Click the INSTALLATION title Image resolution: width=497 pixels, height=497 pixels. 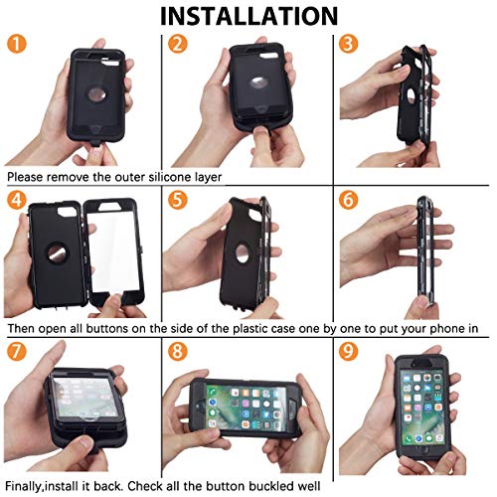click(x=248, y=16)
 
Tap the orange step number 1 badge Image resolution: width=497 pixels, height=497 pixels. click(x=16, y=44)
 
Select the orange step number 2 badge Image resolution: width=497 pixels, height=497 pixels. click(x=177, y=44)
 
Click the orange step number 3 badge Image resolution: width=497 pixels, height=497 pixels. click(x=348, y=44)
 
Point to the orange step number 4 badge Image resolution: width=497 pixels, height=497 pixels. click(x=16, y=200)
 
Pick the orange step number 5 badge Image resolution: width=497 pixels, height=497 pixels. click(x=177, y=200)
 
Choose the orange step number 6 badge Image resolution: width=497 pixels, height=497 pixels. click(x=348, y=200)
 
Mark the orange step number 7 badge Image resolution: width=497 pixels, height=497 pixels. click(x=16, y=351)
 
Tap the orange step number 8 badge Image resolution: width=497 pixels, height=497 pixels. click(x=177, y=351)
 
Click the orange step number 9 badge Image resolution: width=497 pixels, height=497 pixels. click(x=348, y=351)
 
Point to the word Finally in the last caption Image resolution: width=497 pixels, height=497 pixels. click(x=24, y=486)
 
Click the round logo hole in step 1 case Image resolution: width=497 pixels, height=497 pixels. click(x=97, y=95)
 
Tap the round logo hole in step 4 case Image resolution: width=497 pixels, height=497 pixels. click(x=58, y=253)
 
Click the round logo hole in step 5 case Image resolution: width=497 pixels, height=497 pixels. click(x=243, y=253)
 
